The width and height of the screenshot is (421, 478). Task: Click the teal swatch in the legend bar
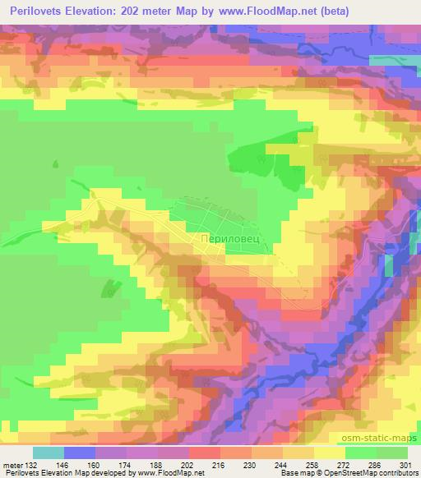pyautogui.click(x=49, y=453)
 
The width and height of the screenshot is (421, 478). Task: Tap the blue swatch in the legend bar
pyautogui.click(x=80, y=453)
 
